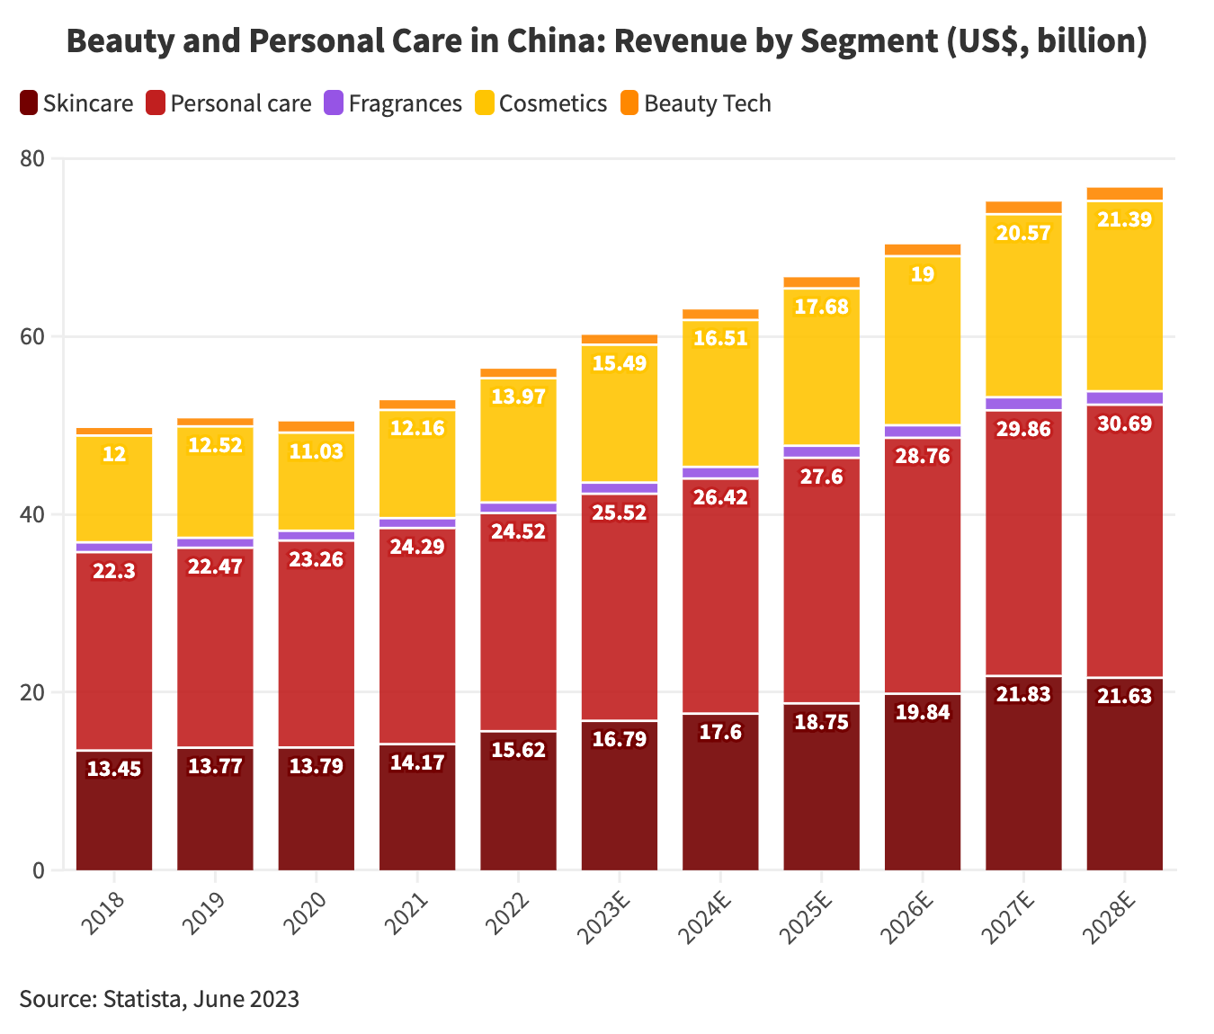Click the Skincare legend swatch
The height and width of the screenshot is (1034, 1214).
[x=29, y=103]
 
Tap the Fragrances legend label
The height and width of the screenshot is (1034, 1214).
[x=405, y=103]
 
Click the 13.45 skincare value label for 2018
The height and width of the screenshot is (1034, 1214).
[x=114, y=769]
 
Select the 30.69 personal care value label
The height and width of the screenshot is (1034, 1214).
[x=1124, y=423]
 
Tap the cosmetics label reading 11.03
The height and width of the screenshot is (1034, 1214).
[x=317, y=451]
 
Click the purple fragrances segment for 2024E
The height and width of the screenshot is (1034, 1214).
[x=720, y=473]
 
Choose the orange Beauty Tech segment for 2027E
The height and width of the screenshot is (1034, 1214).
[x=1023, y=208]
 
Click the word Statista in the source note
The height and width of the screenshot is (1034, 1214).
[x=143, y=999]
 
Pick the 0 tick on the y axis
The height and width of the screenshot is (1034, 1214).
[x=38, y=870]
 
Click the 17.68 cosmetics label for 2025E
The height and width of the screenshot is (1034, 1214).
[x=822, y=307]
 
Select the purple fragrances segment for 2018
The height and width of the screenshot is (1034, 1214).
[x=114, y=547]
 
